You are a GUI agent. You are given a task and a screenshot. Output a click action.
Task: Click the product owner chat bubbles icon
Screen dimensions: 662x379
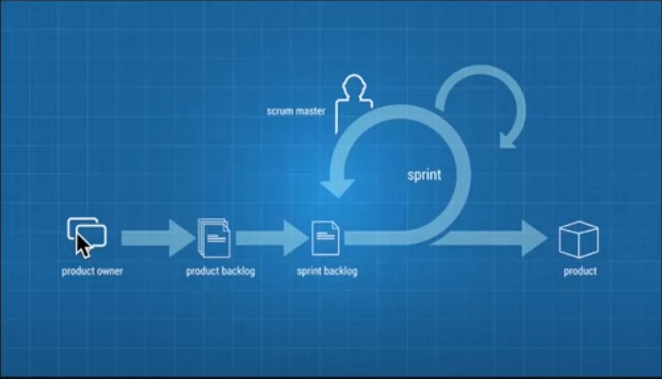click(x=88, y=232)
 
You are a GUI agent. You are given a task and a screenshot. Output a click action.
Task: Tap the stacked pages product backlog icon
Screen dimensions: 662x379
click(x=214, y=238)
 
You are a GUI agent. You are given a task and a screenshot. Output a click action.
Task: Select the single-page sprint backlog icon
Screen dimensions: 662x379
click(x=325, y=238)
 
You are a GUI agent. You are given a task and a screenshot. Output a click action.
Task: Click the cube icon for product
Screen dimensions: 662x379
click(x=579, y=240)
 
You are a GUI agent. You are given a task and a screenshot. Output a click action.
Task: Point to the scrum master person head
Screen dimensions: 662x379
click(x=354, y=84)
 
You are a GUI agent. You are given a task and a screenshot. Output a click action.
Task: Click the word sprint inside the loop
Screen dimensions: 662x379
click(x=424, y=175)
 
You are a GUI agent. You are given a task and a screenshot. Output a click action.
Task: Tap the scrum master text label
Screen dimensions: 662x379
click(x=296, y=111)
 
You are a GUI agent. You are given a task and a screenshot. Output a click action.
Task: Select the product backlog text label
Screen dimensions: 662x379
click(x=221, y=271)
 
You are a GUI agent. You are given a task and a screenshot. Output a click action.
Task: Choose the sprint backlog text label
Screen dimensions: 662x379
click(x=327, y=271)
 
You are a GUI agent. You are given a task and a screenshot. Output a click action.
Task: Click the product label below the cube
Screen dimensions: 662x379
click(x=580, y=272)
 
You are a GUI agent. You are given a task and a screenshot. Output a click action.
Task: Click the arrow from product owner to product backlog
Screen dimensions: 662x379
click(x=158, y=238)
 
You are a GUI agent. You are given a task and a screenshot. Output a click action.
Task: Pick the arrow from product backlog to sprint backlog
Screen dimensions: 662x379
click(x=273, y=238)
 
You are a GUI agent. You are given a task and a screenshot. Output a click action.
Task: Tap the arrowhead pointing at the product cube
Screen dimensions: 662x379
click(x=535, y=239)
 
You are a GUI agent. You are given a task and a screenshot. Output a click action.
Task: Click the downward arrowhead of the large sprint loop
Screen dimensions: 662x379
click(x=338, y=188)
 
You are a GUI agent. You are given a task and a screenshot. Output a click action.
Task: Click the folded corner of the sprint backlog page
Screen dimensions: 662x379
click(x=336, y=225)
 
